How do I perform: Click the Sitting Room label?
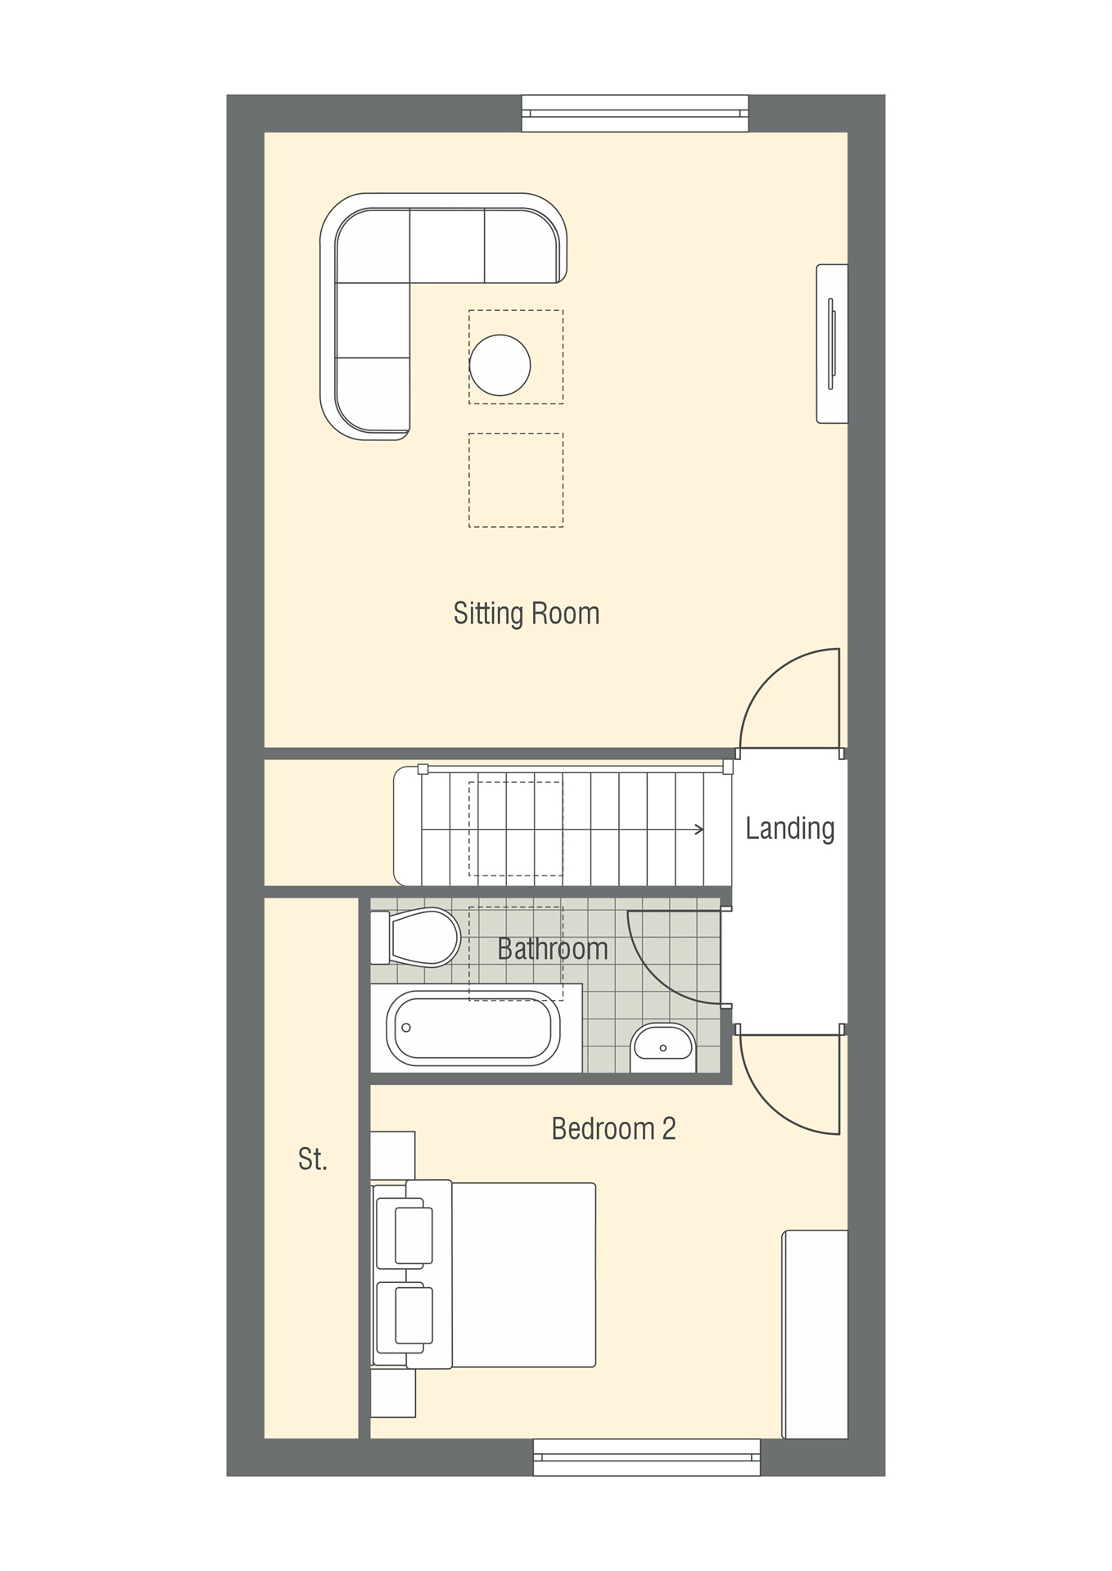click(x=527, y=614)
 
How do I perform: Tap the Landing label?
click(x=789, y=828)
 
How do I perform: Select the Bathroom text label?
click(x=552, y=949)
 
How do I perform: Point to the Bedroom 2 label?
click(x=613, y=1129)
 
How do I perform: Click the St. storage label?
click(x=312, y=1159)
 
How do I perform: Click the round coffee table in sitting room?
click(x=499, y=365)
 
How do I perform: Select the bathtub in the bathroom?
click(x=472, y=1028)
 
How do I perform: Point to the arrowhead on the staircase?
click(x=699, y=830)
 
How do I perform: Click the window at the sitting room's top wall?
click(x=635, y=113)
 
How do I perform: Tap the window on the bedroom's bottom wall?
click(x=646, y=1457)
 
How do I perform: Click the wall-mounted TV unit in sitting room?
click(x=832, y=344)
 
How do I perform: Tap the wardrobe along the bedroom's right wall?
click(x=815, y=1334)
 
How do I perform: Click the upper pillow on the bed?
click(x=413, y=1235)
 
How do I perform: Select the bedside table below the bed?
click(x=393, y=1393)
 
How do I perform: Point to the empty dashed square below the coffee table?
click(x=516, y=480)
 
